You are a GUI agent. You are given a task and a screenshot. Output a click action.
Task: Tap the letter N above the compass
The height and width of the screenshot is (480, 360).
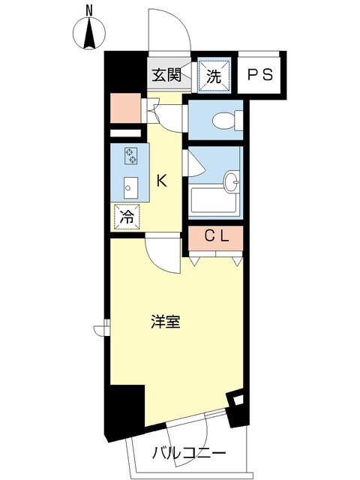pos(89,10)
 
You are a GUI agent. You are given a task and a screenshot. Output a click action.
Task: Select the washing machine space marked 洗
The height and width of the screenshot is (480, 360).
pos(214,75)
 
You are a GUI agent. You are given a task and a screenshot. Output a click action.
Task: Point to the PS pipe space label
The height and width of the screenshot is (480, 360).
pos(259,75)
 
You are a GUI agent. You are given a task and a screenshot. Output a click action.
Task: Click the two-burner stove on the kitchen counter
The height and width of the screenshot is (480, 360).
pos(131,155)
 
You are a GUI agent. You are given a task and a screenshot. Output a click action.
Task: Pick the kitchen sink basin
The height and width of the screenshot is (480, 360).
pos(130,187)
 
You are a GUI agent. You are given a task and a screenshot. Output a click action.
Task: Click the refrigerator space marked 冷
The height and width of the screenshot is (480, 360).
pos(127,217)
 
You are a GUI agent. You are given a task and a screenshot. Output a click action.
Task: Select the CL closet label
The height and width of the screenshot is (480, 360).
pos(217,237)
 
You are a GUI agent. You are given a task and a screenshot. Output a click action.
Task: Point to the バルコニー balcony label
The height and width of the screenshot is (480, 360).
pos(190,454)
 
